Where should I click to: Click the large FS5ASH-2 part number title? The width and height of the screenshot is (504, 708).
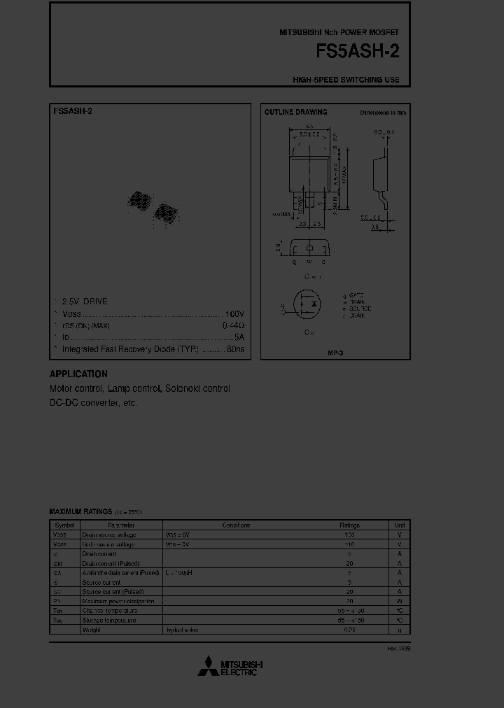click(358, 53)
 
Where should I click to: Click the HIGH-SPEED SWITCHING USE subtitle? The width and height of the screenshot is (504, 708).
click(346, 80)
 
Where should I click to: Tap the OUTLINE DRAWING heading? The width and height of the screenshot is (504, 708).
click(295, 112)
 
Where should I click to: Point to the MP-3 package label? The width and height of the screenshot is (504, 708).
click(335, 354)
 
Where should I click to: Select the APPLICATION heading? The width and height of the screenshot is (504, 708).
click(78, 374)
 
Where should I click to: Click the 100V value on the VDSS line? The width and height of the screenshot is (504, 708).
click(234, 314)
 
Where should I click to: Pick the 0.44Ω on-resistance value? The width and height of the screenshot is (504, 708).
click(233, 326)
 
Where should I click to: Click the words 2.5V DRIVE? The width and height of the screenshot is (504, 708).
click(85, 302)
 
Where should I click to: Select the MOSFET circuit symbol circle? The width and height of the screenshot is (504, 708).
click(307, 306)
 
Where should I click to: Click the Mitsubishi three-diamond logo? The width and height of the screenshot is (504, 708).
click(208, 667)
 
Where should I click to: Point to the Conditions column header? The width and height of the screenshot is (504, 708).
click(236, 525)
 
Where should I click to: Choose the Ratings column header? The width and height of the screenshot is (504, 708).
click(349, 525)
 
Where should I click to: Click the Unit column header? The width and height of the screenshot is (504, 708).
click(400, 525)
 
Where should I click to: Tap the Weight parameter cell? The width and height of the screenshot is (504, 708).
click(91, 630)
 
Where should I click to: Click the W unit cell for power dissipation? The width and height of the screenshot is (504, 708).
click(400, 601)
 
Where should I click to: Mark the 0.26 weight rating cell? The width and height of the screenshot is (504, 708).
click(349, 630)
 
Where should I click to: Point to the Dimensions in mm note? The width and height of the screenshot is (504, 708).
click(383, 112)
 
